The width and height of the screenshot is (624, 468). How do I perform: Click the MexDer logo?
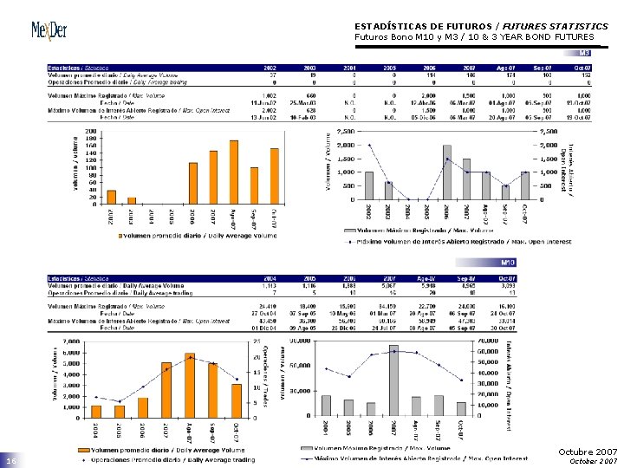click(50, 30)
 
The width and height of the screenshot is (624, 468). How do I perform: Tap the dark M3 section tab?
click(585, 53)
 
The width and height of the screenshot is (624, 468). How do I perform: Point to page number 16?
click(11, 462)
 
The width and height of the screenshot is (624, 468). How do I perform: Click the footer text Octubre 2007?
click(588, 452)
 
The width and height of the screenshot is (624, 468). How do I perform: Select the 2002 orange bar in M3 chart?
click(111, 196)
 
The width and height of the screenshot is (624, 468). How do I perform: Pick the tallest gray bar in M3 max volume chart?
click(446, 172)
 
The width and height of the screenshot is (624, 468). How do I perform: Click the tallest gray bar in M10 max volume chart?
click(393, 381)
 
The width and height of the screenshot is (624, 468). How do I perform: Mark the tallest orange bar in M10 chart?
click(190, 385)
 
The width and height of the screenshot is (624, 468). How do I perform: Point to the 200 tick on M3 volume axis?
click(91, 132)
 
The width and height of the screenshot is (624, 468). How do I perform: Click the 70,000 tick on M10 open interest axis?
click(487, 341)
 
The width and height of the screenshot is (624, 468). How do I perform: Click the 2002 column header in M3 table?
click(270, 68)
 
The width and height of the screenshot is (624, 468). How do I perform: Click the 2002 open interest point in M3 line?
click(368, 145)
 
